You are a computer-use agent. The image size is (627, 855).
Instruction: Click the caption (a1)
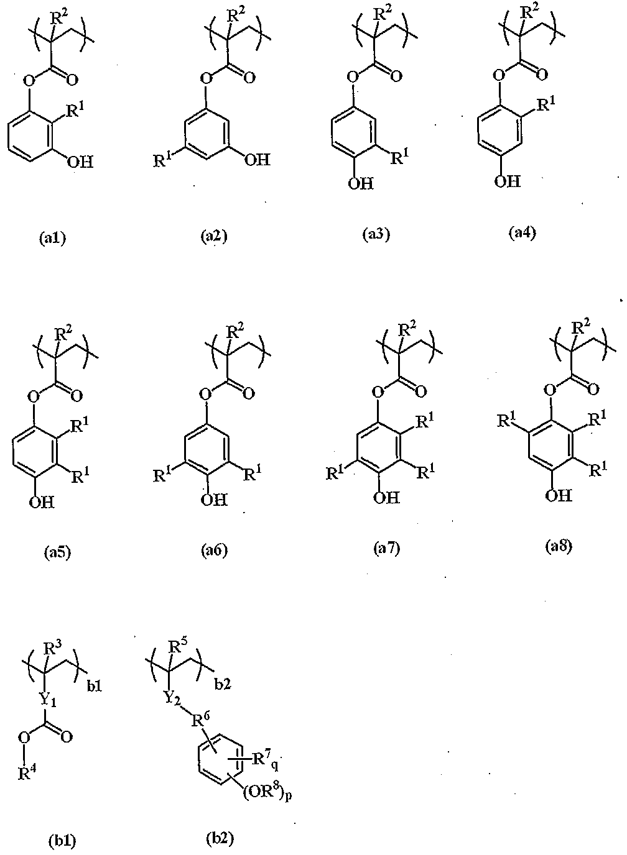53,238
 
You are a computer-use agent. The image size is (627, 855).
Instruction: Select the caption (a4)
522,233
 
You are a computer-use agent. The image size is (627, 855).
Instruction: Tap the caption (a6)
215,551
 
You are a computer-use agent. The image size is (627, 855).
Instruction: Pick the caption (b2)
220,837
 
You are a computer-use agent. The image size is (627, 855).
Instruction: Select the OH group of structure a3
360,183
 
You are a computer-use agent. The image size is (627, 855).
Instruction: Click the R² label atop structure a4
531,13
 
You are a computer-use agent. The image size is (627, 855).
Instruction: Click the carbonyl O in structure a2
249,78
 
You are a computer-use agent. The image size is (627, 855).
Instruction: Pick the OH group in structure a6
214,500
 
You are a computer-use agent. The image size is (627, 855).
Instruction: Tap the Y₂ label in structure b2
173,698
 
